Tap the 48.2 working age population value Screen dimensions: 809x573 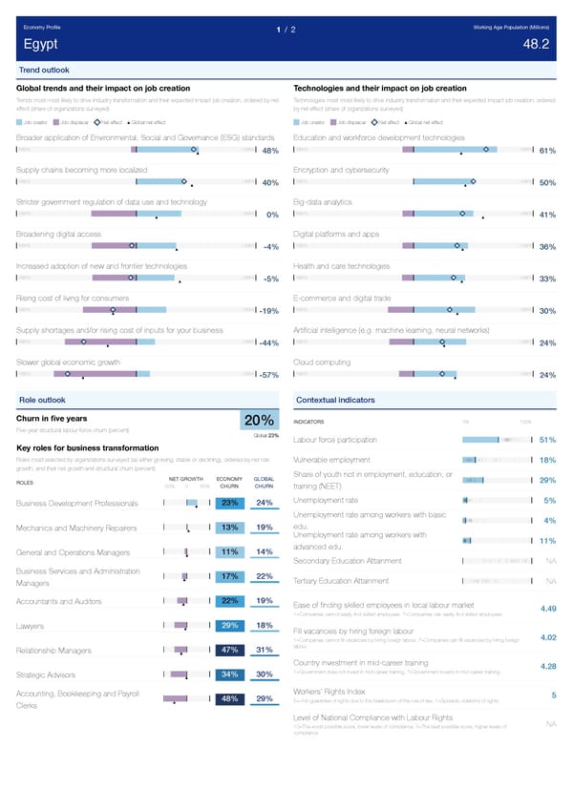click(x=536, y=45)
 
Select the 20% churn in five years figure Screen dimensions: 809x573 click(x=260, y=421)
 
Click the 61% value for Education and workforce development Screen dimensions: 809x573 click(x=547, y=151)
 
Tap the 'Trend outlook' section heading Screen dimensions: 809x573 click(x=43, y=71)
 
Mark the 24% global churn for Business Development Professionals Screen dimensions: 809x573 click(x=265, y=503)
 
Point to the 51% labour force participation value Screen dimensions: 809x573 click(x=547, y=440)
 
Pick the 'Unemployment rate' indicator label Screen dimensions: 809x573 click(x=326, y=500)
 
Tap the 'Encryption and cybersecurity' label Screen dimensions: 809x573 click(x=341, y=170)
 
